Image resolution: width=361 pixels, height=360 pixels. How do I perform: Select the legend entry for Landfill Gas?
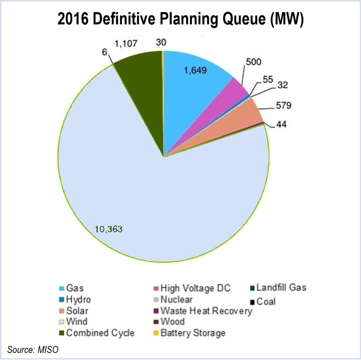pyautogui.click(x=280, y=288)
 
